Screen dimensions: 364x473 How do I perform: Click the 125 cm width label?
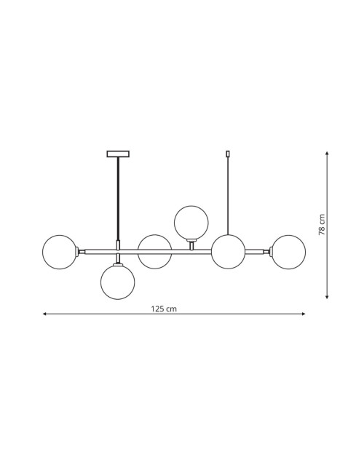point(164,309)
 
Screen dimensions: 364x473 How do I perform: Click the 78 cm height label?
point(322,225)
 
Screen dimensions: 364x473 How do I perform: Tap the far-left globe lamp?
point(60,252)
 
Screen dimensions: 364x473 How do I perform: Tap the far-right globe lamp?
point(288,252)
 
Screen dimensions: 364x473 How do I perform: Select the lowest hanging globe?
point(118,282)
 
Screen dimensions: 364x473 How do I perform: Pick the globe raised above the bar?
point(191,223)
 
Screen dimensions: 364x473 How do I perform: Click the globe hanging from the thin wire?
point(228,252)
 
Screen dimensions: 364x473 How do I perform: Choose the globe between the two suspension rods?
point(154,252)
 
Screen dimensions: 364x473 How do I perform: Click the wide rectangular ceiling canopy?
point(118,154)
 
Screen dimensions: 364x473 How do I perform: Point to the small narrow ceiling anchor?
point(228,154)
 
